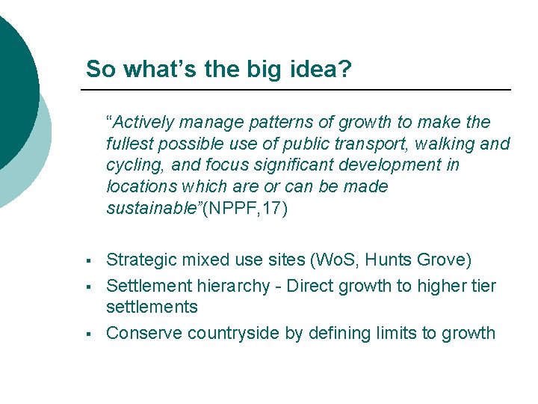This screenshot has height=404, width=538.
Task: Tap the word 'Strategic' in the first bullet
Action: coord(140,260)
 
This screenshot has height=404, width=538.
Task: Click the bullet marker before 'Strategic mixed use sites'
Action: coord(88,261)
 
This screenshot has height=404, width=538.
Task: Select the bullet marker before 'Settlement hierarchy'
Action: coord(88,287)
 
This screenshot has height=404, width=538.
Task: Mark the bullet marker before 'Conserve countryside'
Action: coord(88,334)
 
